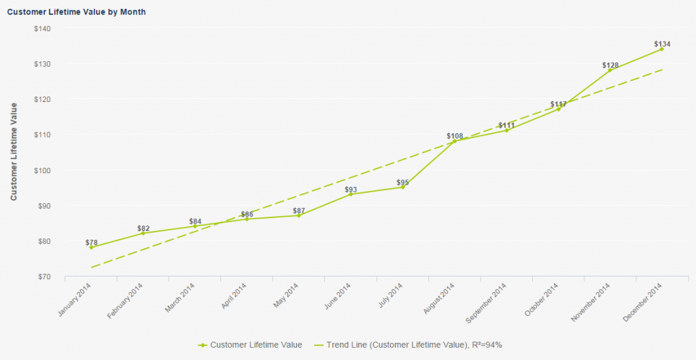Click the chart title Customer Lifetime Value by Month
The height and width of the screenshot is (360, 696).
(77, 12)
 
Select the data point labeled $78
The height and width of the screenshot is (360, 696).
(91, 247)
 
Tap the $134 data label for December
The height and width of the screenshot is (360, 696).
(662, 44)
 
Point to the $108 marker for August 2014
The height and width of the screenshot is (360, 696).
(454, 141)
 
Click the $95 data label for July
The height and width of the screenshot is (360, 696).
(402, 182)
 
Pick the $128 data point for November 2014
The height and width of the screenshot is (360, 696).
(610, 70)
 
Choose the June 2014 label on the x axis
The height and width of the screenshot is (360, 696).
(338, 297)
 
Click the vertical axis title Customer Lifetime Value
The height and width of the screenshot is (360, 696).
(13, 152)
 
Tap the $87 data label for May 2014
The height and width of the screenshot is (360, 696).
(298, 211)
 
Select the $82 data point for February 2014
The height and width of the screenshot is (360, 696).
(143, 233)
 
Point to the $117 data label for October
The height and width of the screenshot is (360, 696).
(558, 105)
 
